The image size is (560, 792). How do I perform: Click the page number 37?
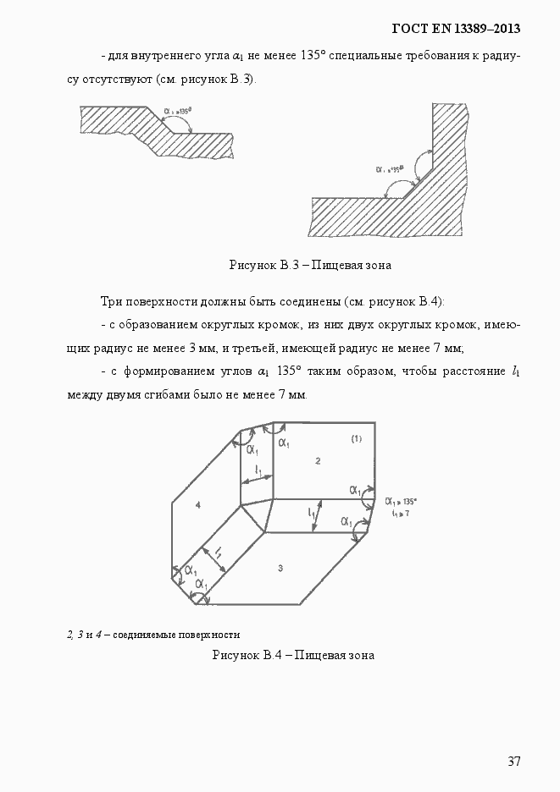[x=513, y=761]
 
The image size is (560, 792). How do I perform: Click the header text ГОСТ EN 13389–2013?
[x=456, y=29]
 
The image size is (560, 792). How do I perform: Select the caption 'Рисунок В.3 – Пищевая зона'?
[x=310, y=265]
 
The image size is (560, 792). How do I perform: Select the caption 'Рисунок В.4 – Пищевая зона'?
[x=293, y=654]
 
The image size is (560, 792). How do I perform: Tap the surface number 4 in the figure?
[x=197, y=505]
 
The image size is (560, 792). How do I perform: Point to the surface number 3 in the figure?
[x=280, y=568]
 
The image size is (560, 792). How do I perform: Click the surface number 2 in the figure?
[x=317, y=460]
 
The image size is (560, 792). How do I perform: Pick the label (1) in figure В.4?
[x=356, y=438]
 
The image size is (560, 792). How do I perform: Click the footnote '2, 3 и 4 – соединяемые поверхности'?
[x=153, y=634]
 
